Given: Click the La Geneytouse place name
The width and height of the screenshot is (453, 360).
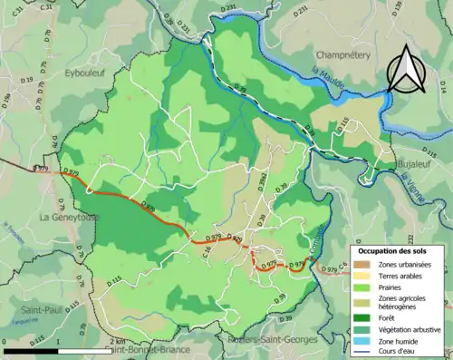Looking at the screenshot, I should pyautogui.click(x=70, y=218).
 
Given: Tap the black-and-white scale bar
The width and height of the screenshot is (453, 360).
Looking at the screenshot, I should pyautogui.click(x=60, y=350).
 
